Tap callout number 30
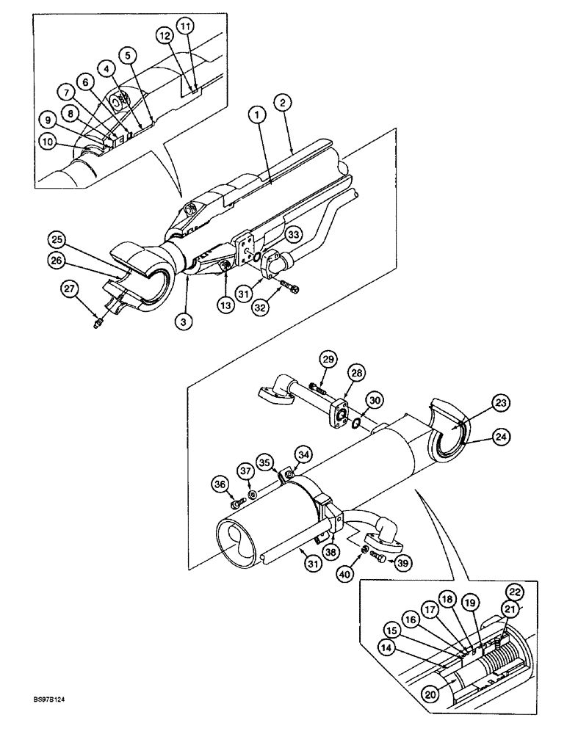click(x=375, y=401)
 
